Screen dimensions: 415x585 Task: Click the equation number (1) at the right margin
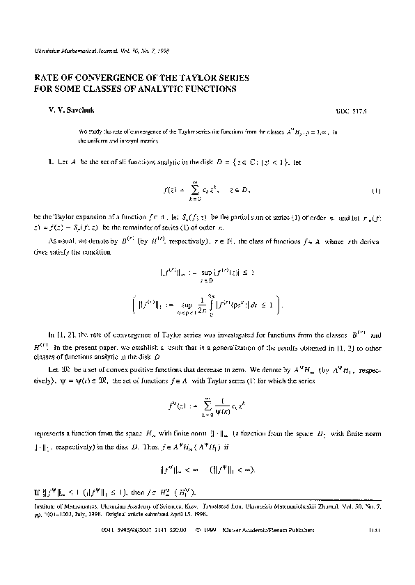375,190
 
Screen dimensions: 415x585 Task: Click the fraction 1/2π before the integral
220,303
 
